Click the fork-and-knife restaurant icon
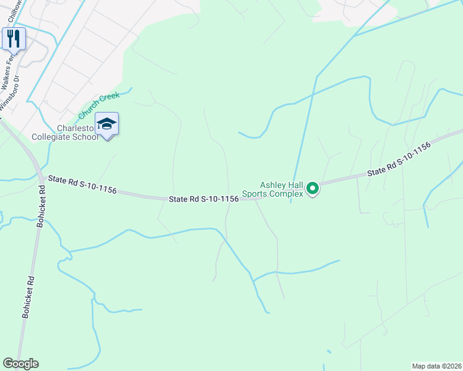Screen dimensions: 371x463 pos(14,38)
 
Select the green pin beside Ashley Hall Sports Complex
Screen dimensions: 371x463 pos(313,188)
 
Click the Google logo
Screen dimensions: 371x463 pos(20,364)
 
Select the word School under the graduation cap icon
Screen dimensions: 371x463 pos(86,137)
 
